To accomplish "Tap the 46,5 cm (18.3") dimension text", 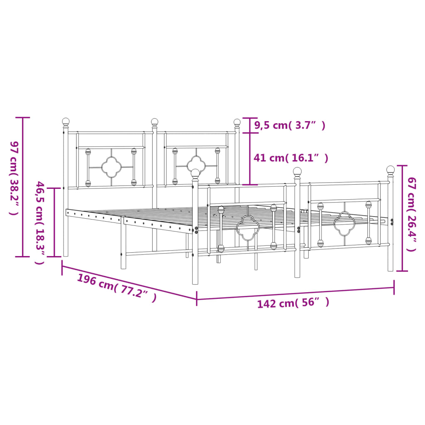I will [40, 222].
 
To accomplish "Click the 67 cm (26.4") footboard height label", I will [411, 214].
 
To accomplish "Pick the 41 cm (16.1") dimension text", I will [291, 158].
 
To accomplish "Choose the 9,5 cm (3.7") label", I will [290, 125].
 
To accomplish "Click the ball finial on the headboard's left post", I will [66, 122].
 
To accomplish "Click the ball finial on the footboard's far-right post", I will [390, 169].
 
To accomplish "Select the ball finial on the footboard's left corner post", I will [195, 172].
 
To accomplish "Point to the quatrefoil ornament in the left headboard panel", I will [111, 167].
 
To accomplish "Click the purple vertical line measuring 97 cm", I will [23, 187].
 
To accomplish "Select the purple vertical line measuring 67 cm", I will [402, 218].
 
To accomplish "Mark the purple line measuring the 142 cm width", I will [295, 293].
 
